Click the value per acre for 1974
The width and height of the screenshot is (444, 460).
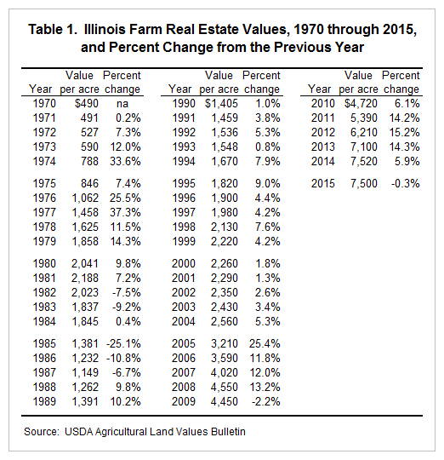(x=89, y=161)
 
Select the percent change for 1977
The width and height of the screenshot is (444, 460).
(x=125, y=212)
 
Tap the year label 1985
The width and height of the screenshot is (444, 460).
(x=44, y=343)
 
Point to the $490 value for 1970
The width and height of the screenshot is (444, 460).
(x=87, y=104)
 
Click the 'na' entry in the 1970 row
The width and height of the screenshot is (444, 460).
(x=122, y=104)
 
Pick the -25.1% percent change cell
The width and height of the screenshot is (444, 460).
(x=123, y=343)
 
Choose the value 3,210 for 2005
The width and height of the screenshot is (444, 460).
(x=225, y=343)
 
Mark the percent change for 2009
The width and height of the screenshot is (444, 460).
(x=266, y=401)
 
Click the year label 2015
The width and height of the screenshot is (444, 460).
(x=322, y=184)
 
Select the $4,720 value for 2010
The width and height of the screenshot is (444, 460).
(x=361, y=104)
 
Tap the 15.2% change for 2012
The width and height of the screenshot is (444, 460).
(x=405, y=133)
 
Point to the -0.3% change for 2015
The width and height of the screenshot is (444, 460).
(x=406, y=184)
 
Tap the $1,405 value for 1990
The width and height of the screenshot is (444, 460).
(x=222, y=104)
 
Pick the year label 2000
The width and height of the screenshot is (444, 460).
(x=184, y=264)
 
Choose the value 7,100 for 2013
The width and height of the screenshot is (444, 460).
(x=364, y=147)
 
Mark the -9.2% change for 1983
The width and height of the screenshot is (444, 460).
(x=127, y=308)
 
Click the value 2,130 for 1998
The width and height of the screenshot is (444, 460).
(x=225, y=227)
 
